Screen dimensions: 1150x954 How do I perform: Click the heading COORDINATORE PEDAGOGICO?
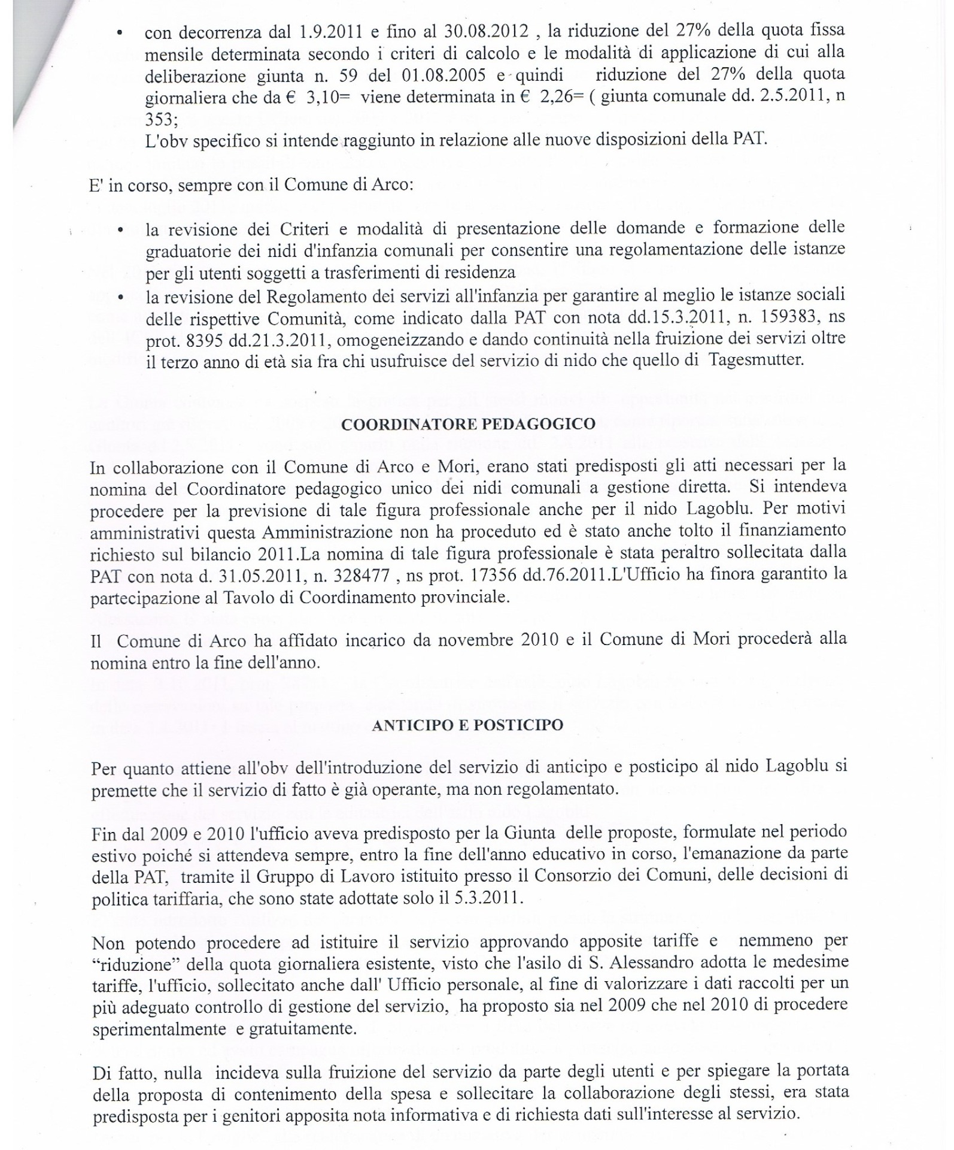click(x=468, y=424)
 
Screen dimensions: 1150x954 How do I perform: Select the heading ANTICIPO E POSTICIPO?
click(x=467, y=725)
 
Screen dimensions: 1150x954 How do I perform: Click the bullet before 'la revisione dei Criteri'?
click(x=121, y=230)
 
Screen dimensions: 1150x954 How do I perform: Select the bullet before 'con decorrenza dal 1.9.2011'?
click(x=121, y=33)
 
